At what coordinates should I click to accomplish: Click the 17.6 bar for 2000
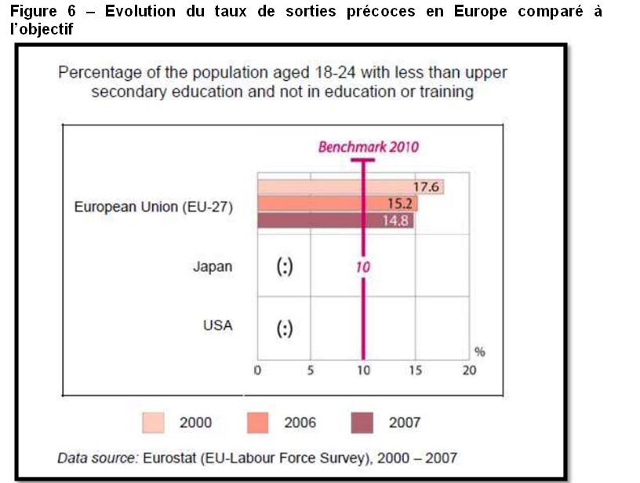tap(350, 187)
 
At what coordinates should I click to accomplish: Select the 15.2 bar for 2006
tap(337, 204)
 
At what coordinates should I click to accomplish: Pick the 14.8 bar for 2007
tap(336, 220)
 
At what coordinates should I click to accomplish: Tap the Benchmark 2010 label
tap(368, 147)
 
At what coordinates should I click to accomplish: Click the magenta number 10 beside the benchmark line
tap(362, 267)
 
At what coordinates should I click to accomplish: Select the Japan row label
tap(213, 267)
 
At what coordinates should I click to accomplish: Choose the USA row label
tap(217, 325)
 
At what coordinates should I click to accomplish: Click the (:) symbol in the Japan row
tap(285, 267)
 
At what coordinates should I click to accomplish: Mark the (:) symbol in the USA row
tap(285, 329)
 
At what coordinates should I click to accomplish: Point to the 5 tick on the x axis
tap(310, 371)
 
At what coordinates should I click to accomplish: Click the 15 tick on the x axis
tap(416, 371)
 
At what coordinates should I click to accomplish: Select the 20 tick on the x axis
tap(468, 371)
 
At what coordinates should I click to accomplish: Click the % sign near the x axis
tap(479, 352)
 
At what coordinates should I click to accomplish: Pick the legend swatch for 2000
tap(151, 423)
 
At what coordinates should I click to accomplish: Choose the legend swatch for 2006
tap(256, 423)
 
